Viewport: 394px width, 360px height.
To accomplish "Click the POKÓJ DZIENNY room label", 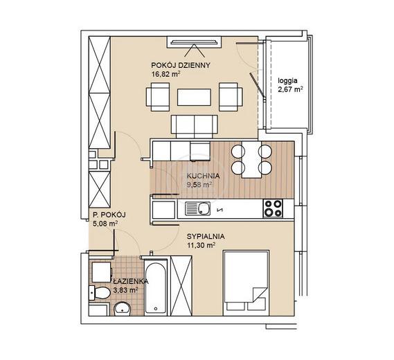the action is tap(181, 65).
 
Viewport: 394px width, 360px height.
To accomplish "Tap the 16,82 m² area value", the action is tap(166, 74).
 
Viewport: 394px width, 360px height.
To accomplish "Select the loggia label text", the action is tap(287, 81).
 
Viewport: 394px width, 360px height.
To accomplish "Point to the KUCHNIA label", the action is tap(203, 176).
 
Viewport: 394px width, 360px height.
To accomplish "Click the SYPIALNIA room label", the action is tap(206, 236).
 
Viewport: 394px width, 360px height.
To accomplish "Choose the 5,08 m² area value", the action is tap(105, 224).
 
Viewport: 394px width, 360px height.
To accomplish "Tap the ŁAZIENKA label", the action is tap(130, 281).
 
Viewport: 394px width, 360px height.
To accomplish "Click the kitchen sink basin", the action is tap(198, 208).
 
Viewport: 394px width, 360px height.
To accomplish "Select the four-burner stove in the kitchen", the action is tap(273, 208).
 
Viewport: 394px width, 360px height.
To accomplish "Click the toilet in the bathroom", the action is tap(100, 293).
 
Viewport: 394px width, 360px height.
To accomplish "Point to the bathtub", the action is tap(156, 287).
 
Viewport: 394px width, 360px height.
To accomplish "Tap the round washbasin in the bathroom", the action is tap(122, 309).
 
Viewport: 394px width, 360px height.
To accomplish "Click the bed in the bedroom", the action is tap(247, 283).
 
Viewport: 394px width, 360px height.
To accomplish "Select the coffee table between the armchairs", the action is tap(194, 97).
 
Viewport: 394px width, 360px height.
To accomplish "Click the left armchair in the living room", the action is tap(158, 97).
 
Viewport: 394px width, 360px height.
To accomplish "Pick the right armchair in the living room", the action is tap(231, 97).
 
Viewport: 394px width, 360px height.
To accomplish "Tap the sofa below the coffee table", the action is tap(195, 127).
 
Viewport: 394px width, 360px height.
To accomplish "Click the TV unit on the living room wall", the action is tap(194, 42).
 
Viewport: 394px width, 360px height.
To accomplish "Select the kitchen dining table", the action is tap(251, 159).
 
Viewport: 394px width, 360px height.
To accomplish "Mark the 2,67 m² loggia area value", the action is tap(290, 89).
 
